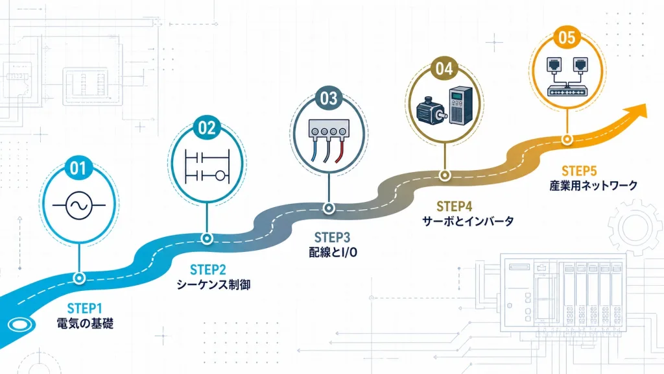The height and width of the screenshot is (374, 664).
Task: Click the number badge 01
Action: pyautogui.click(x=78, y=168)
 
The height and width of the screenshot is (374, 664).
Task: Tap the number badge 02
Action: pyautogui.click(x=207, y=128)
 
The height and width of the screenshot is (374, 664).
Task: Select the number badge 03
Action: pyautogui.click(x=329, y=99)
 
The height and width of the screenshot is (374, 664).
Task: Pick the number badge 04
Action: pyautogui.click(x=444, y=69)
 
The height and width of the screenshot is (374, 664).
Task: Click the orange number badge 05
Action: pyautogui.click(x=567, y=37)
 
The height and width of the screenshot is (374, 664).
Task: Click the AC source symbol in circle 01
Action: pyautogui.click(x=78, y=206)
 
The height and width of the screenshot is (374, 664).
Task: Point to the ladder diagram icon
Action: pyautogui.click(x=207, y=166)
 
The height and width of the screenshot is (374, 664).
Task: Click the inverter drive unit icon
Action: pyautogui.click(x=460, y=105)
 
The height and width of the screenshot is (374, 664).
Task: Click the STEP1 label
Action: pyautogui.click(x=85, y=308)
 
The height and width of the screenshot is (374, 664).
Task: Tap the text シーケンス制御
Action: pyautogui.click(x=213, y=284)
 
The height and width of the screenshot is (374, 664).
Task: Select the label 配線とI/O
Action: pyautogui.click(x=333, y=253)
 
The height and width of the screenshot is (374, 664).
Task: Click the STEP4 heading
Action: pyautogui.click(x=454, y=206)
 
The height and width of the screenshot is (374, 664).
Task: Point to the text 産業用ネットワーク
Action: pyautogui.click(x=593, y=185)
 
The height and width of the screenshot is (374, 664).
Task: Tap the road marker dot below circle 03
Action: pyautogui.click(x=329, y=208)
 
